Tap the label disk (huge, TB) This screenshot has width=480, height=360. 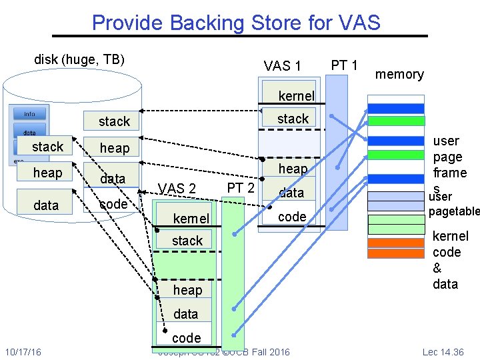(79, 59)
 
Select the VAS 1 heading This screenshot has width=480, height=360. (282, 65)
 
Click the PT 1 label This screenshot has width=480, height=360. (345, 65)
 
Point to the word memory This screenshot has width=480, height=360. (399, 74)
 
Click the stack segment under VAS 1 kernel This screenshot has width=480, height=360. (293, 119)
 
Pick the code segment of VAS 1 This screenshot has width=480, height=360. (292, 217)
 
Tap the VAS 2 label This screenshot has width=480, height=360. (177, 189)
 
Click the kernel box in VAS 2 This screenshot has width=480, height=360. (191, 219)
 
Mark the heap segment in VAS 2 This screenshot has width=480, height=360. (187, 290)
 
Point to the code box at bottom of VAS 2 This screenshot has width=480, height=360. (186, 337)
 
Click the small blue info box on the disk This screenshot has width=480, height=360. (29, 113)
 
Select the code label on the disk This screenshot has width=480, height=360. (113, 204)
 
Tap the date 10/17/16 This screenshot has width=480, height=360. (23, 351)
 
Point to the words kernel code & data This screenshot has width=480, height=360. (450, 260)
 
